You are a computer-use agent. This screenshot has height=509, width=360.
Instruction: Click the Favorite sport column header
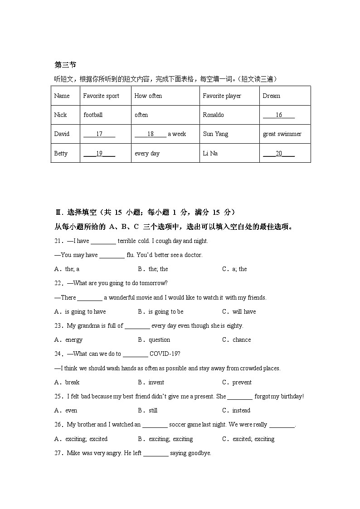pyautogui.click(x=101, y=96)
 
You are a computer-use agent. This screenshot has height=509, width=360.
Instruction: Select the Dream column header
pyautogui.click(x=271, y=96)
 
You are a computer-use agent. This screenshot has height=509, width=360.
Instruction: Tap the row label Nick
pyautogui.click(x=60, y=115)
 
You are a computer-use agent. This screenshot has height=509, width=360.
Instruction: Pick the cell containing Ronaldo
pyautogui.click(x=213, y=115)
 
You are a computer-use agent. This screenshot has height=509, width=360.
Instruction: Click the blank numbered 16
pyautogui.click(x=279, y=115)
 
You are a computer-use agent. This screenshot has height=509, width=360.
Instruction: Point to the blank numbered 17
pyautogui.click(x=99, y=134)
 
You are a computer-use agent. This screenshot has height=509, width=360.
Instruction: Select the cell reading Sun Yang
pyautogui.click(x=215, y=134)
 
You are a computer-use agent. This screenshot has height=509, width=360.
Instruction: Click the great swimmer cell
pyautogui.click(x=282, y=134)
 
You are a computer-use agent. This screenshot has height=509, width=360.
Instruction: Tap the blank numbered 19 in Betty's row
pyautogui.click(x=99, y=154)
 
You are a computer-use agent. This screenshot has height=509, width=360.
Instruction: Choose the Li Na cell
pyautogui.click(x=210, y=154)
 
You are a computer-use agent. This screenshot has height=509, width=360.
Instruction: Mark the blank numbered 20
pyautogui.click(x=279, y=154)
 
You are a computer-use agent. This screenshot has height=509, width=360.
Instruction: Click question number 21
pyautogui.click(x=59, y=241)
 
